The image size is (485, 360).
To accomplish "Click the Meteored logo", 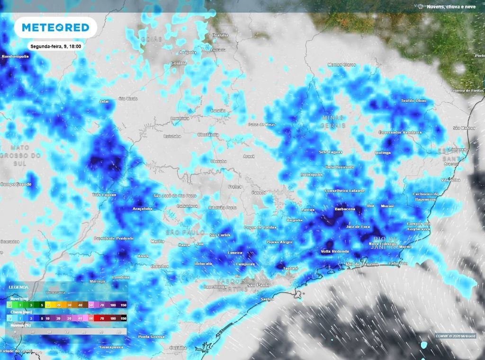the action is point(55,27).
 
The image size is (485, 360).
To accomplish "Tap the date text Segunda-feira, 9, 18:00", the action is point(55,46).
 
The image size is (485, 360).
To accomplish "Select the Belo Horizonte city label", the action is point(340,167).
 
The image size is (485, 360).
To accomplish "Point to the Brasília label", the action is point(220,35).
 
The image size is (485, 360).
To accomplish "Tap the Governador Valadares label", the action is point(400,132).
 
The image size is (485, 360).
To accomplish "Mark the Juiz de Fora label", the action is point(358,227).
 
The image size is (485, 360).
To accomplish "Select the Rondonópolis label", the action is point(16,56).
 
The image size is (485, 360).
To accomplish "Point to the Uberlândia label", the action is point(208,135).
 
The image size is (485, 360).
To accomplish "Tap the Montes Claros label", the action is point(341,64).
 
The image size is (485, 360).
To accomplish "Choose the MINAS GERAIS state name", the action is point(333,121).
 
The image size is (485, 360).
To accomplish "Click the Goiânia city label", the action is point(179,63).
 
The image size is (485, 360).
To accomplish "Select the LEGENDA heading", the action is point(18,287).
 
